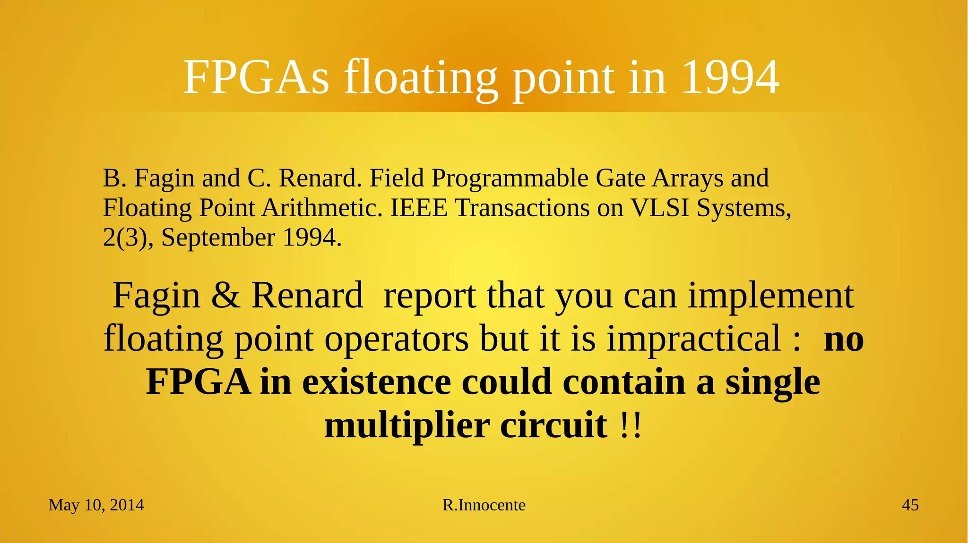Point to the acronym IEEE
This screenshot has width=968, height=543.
419,208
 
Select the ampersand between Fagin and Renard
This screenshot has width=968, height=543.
225,296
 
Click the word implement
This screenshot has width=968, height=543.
770,296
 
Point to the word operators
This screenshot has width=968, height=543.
396,339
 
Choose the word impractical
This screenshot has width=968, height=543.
693,339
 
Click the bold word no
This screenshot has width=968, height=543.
844,339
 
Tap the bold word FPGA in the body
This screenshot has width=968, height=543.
198,382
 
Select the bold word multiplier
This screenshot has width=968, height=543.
407,425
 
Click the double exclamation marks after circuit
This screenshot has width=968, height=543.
631,425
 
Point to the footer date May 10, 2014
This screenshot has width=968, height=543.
96,505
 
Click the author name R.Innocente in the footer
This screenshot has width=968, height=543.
484,505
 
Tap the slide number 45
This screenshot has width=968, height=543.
910,505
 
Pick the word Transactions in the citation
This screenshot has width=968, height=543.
522,208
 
